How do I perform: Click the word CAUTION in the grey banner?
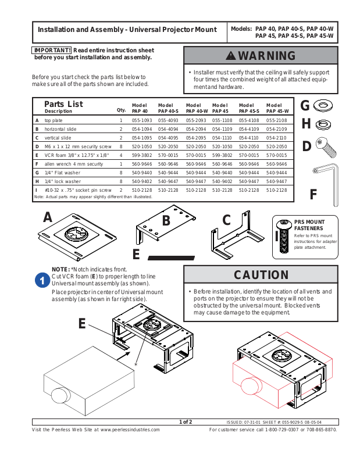[261, 275]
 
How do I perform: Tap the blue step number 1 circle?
[42, 280]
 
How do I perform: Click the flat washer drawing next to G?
[323, 106]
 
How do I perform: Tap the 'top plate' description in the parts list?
[54, 120]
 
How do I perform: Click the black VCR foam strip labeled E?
[174, 256]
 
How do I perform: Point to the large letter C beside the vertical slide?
[227, 220]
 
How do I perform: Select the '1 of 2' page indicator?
[186, 421]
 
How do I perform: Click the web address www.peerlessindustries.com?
[130, 430]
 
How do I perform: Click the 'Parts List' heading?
[63, 104]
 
